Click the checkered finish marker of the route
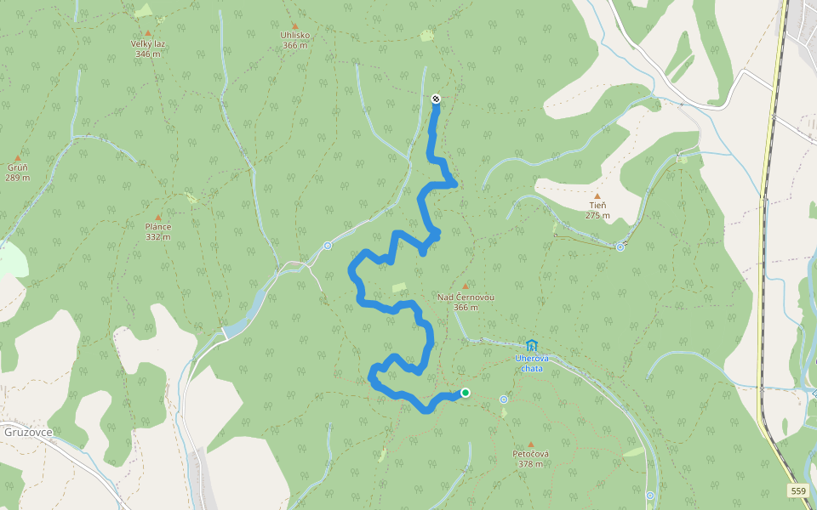(436, 99)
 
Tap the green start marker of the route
(466, 393)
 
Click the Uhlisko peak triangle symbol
(295, 26)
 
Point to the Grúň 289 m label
(18, 173)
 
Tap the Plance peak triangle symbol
(158, 218)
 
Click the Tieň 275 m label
(597, 210)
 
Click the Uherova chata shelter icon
(532, 345)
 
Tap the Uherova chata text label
(531, 363)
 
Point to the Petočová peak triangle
(531, 445)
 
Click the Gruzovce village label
(29, 432)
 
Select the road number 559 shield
(797, 490)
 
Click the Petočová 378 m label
(530, 459)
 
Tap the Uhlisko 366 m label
(295, 40)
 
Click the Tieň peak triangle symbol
(597, 196)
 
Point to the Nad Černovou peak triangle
(466, 286)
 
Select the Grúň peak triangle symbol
(18, 158)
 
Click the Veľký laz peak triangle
(147, 33)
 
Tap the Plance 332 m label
(158, 231)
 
